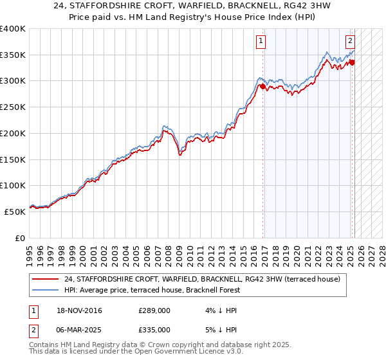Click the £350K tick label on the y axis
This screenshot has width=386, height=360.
coord(12,55)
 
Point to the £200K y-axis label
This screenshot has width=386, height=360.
coord(12,133)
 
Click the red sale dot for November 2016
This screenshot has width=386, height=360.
coord(263,87)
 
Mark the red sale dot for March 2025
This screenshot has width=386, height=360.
coord(352,62)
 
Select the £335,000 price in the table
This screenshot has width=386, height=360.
coord(154,329)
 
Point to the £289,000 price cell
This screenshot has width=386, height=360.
coord(154,311)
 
